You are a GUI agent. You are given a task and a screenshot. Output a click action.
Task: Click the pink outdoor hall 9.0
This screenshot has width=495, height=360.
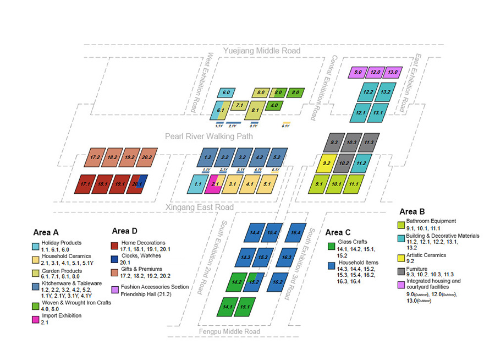click(x=358, y=73)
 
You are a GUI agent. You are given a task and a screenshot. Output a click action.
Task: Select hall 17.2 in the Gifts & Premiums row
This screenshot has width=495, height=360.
click(x=94, y=157)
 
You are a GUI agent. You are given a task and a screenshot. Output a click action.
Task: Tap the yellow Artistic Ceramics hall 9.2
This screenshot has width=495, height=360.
click(x=326, y=162)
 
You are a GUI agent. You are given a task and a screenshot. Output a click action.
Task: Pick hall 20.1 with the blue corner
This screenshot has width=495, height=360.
click(x=137, y=184)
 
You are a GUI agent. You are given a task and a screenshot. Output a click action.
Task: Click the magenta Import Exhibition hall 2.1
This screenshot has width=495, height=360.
click(x=213, y=184)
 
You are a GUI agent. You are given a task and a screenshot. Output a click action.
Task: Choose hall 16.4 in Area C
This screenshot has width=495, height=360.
click(x=297, y=233)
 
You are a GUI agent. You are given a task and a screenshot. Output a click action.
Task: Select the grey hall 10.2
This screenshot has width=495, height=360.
click(x=344, y=163)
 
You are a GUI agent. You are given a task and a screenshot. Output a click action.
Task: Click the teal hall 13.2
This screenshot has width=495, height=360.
click(x=384, y=91)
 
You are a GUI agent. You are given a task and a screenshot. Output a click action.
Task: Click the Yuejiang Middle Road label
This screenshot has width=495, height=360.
click(x=262, y=51)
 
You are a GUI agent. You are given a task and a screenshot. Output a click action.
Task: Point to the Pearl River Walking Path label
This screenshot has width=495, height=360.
click(x=209, y=136)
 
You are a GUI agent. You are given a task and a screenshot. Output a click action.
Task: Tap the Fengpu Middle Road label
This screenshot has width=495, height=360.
click(x=229, y=331)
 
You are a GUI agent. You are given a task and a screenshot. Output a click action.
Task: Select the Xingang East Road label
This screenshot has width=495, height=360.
click(x=199, y=208)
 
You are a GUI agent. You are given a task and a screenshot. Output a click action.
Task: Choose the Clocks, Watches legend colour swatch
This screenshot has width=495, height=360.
click(x=114, y=259)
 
